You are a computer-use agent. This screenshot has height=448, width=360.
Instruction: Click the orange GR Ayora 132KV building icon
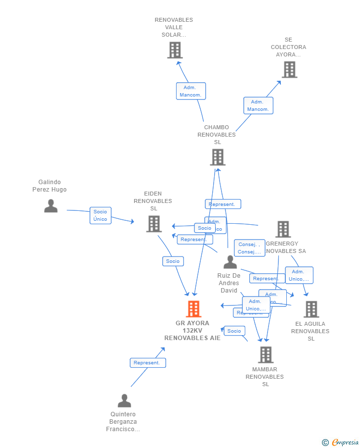pyautogui.click(x=193, y=309)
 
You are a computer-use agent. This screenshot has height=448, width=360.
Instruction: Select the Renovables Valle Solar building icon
pyautogui.click(x=175, y=50)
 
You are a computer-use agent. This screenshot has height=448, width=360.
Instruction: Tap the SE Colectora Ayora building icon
pyautogui.click(x=289, y=70)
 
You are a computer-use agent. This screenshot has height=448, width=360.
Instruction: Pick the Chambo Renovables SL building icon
pyautogui.click(x=218, y=157)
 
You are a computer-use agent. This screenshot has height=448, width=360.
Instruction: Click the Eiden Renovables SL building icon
pyautogui.click(x=154, y=224)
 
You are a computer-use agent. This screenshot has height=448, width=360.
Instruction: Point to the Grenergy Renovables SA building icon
pyautogui.click(x=283, y=229)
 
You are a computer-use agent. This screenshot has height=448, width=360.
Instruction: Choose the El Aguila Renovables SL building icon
pyautogui.click(x=311, y=309)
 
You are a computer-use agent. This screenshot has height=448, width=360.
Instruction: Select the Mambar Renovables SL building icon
pyautogui.click(x=266, y=354)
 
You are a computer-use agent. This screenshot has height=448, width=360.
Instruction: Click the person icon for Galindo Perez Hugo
pyautogui.click(x=50, y=206)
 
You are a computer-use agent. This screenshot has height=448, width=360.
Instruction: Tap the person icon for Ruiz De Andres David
pyautogui.click(x=230, y=262)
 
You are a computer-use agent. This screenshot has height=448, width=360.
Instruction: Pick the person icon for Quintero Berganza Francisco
pyautogui.click(x=124, y=400)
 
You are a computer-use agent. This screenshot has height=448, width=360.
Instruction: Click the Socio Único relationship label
pyautogui.click(x=100, y=215)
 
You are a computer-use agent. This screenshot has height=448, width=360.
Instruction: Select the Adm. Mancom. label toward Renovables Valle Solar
pyautogui.click(x=190, y=91)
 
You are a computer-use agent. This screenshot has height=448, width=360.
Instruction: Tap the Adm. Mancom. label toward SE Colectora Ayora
pyautogui.click(x=258, y=105)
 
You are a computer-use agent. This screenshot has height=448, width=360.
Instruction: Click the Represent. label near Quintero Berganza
pyautogui.click(x=147, y=363)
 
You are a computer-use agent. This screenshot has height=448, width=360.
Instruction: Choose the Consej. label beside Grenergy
pyautogui.click(x=249, y=248)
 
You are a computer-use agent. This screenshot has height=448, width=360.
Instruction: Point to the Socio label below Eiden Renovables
pyautogui.click(x=173, y=261)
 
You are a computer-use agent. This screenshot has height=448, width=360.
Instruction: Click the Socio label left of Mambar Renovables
pyautogui.click(x=234, y=331)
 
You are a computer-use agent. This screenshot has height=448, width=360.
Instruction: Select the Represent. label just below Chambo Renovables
pyautogui.click(x=223, y=204)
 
